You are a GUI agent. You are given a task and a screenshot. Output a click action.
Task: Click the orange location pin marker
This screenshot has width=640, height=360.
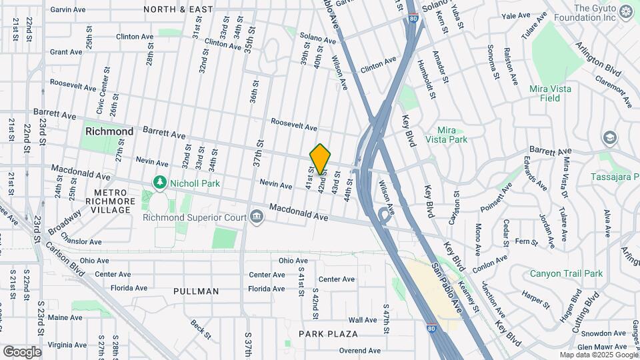[320, 159]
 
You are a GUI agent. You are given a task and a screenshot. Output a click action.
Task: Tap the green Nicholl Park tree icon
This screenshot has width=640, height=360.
[159, 181]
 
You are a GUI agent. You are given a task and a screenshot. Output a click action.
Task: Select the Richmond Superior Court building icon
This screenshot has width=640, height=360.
[256, 217]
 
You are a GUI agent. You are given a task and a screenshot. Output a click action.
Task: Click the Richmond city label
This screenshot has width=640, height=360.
[109, 131]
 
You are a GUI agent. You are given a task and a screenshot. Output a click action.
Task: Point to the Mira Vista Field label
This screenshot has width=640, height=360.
[553, 93]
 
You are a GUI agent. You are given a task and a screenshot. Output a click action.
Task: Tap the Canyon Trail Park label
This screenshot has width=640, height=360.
[566, 273]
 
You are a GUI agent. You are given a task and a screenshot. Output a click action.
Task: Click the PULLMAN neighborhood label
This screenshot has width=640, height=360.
[196, 291]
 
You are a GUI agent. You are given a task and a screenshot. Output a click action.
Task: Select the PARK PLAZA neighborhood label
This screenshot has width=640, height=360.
[328, 333]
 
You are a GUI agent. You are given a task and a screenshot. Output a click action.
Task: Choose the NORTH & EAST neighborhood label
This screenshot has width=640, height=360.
[178, 9]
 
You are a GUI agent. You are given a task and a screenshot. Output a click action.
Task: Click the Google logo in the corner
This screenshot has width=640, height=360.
[21, 351]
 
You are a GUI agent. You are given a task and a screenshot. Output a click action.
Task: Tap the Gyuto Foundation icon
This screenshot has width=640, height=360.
[626, 11]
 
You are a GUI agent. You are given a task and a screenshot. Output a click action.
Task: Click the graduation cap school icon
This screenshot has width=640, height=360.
[609, 138]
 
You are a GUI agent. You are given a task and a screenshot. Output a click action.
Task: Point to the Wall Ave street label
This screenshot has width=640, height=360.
[363, 321]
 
